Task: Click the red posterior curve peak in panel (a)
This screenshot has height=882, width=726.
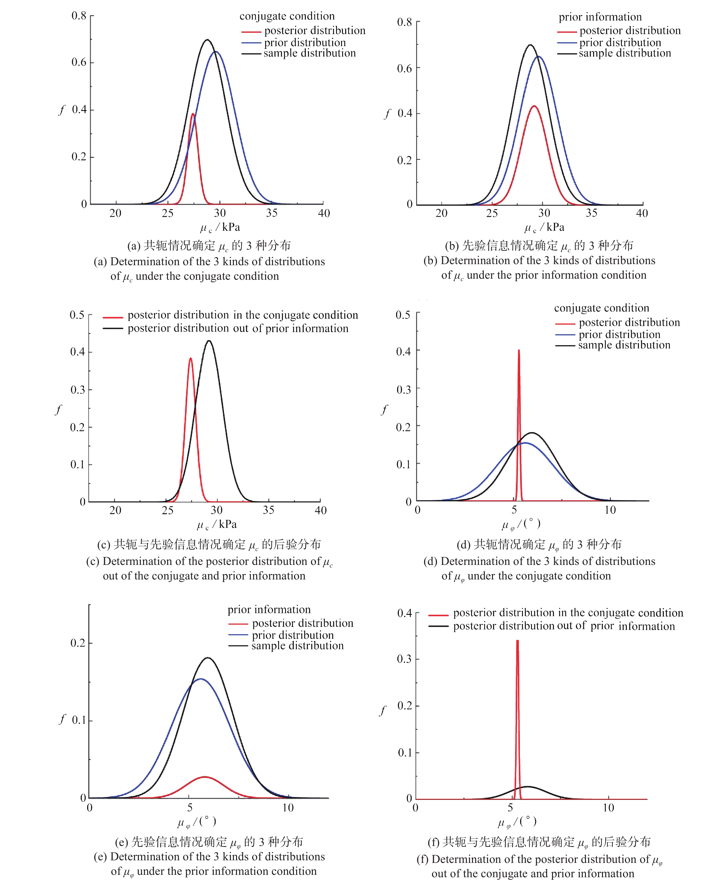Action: pos(193,114)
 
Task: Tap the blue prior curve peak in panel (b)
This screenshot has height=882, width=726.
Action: pos(539,56)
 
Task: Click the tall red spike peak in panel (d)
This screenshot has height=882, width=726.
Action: pos(519,350)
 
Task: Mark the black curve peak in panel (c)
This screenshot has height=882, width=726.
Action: pos(209,341)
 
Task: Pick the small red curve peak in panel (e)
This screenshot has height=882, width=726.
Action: pos(205,777)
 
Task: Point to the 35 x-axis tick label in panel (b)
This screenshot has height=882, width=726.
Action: pos(591,213)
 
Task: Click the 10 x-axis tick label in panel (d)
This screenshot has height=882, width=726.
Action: pos(610,510)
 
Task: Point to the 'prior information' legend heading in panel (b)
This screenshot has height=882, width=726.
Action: pos(600,17)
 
